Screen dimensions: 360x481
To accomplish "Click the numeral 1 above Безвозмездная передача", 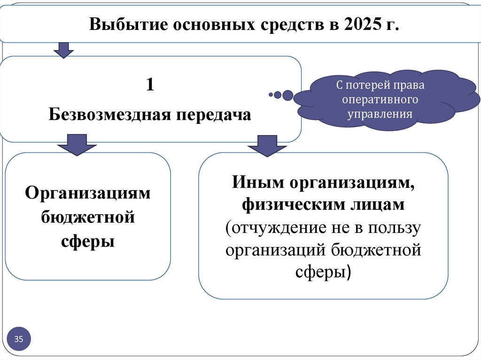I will (150, 85).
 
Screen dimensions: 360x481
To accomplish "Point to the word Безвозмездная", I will (110, 114).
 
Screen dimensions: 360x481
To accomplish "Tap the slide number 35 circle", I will (19, 339).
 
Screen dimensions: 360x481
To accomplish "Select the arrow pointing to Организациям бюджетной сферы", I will (77, 144).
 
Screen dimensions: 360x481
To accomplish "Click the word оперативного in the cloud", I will (380, 100).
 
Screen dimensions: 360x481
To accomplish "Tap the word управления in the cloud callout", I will (380, 114).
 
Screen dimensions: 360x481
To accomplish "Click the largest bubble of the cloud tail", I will (287, 95).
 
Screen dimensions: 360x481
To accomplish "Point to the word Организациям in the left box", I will (88, 193).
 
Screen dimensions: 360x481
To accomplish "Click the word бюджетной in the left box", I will (88, 217).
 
